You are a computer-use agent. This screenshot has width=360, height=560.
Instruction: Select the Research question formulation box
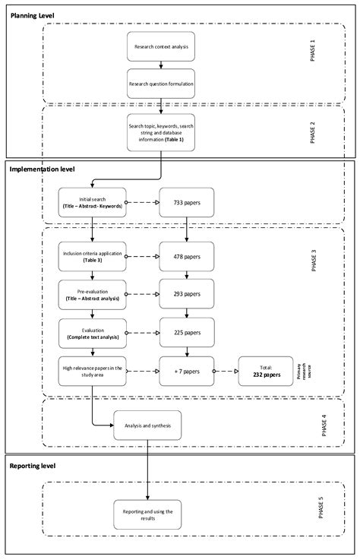160,84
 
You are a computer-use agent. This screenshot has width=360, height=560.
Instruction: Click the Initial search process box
91,204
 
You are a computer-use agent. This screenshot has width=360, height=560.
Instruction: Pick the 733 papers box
187,204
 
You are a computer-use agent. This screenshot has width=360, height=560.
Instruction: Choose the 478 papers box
187,257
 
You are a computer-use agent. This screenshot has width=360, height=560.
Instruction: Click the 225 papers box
187,332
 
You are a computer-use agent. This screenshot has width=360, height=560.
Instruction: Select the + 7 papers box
187,372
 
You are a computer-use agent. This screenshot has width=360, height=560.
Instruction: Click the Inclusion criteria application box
91,257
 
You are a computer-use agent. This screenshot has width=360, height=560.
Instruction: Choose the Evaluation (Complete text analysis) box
91,332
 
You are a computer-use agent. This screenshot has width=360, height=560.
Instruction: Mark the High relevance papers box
91,372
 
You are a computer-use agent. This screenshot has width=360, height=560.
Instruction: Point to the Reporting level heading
33,464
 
